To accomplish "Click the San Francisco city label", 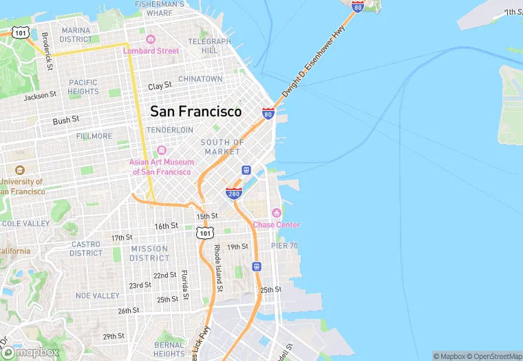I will tap(196, 111).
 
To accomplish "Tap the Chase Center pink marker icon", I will tap(277, 212).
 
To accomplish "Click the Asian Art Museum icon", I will tap(162, 150).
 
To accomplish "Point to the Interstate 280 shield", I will tap(234, 193).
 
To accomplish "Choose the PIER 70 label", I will tap(284, 246).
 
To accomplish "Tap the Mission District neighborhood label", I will tap(149, 254).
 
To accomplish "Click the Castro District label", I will tap(86, 249).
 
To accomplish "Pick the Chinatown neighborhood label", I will tap(200, 79).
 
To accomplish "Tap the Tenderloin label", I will tap(170, 130).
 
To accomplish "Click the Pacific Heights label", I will tap(83, 87).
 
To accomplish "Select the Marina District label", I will tap(76, 34).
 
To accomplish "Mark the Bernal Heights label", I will tap(169, 349).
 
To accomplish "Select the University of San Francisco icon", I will tap(19, 170).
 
